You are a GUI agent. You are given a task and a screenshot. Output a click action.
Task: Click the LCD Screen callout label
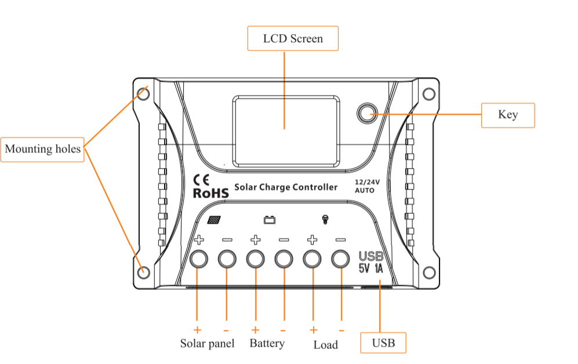click(x=293, y=39)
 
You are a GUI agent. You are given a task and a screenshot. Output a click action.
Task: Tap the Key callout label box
click(x=508, y=115)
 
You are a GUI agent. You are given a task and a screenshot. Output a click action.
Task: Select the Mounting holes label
click(x=42, y=149)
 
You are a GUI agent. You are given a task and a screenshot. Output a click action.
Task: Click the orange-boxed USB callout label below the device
click(x=383, y=343)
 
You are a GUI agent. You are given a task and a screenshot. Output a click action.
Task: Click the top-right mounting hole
click(x=428, y=94)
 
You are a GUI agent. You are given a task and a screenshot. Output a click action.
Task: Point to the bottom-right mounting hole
click(x=428, y=272)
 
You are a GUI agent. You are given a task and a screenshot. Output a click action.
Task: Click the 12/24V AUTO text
click(x=366, y=185)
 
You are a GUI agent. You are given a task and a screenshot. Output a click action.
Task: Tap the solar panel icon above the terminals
click(x=214, y=220)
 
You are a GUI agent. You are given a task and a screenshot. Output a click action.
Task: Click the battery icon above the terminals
click(x=270, y=220)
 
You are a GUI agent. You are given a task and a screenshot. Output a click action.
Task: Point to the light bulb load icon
click(x=325, y=219)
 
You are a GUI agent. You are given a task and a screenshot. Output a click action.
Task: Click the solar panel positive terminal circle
click(x=198, y=259)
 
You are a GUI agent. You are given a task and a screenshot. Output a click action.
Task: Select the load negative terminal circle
click(x=340, y=259)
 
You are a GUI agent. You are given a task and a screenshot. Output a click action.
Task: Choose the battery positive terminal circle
click(x=255, y=259)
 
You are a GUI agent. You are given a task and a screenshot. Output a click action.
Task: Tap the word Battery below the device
click(x=267, y=343)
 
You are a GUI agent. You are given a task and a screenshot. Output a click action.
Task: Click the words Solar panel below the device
click(x=207, y=343)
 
